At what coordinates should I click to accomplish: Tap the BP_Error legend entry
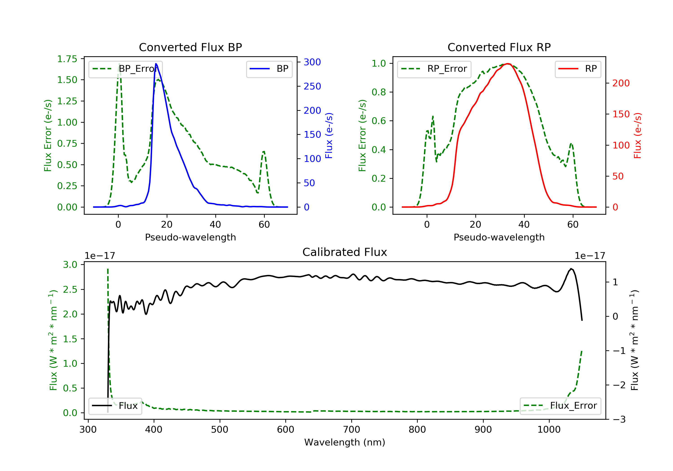click(x=125, y=69)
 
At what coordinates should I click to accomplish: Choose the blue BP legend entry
click(x=269, y=69)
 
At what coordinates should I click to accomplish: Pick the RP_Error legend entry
click(x=434, y=69)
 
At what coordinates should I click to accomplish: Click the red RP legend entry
click(x=577, y=69)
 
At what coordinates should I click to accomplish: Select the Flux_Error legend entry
click(x=560, y=406)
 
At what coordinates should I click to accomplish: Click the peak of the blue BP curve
click(x=156, y=64)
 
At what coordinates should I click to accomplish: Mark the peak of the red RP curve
click(x=508, y=64)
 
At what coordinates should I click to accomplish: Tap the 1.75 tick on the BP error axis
click(x=67, y=59)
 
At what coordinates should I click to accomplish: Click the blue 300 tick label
click(x=312, y=62)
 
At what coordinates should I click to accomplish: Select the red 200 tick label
click(x=621, y=83)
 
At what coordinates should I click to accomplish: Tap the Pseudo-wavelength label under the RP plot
click(x=499, y=237)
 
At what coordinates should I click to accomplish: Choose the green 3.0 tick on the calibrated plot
click(x=70, y=265)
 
